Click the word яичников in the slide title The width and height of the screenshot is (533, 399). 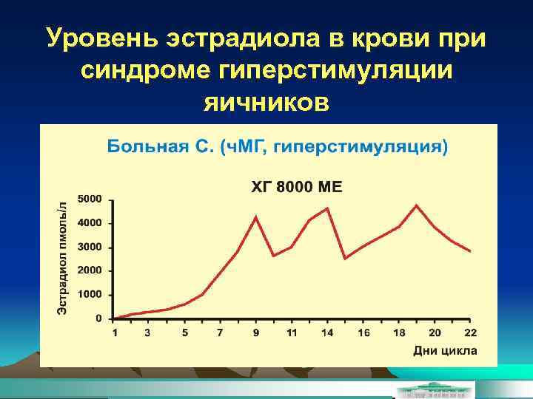pos(266,100)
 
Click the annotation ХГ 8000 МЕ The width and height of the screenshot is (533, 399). pos(297,187)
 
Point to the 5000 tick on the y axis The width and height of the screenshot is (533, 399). pos(90,199)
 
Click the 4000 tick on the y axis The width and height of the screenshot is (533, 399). pos(90,223)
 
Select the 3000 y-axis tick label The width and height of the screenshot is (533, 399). pos(90,248)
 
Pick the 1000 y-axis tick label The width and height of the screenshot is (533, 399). pos(90,295)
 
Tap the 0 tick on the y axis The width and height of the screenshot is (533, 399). pos(99,318)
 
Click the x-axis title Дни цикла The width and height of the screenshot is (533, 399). pos(444,349)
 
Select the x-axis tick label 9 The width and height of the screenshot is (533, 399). pos(256,332)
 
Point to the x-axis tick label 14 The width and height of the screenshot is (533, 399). pos(327,332)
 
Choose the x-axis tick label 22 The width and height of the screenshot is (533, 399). pos(469,332)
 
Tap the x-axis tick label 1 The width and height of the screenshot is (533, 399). pos(115,332)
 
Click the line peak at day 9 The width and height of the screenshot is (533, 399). pos(256,216)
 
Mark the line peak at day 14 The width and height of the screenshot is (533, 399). pos(327,208)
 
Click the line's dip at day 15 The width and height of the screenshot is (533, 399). pos(345,258)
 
